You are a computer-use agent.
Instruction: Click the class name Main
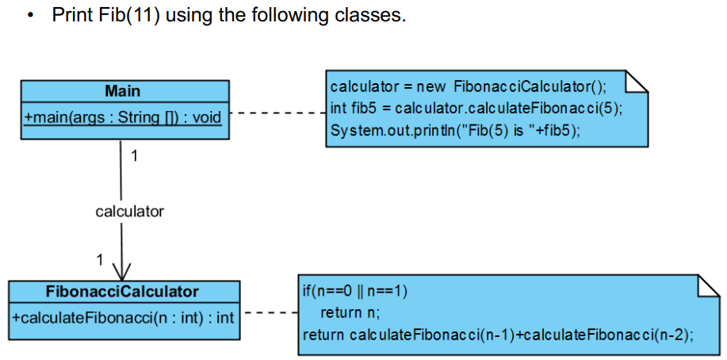[122, 90]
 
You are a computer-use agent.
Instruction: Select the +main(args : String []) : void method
[123, 117]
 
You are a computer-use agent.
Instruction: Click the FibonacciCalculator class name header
[122, 291]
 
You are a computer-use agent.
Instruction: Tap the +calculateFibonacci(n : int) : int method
[123, 318]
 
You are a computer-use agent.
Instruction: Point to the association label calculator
[129, 212]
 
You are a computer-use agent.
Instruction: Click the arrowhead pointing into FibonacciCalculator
[121, 271]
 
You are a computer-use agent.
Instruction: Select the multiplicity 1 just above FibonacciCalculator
[99, 259]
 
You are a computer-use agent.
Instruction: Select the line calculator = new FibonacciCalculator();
[468, 86]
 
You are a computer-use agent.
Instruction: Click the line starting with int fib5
[476, 109]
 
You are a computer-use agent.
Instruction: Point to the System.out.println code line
[454, 131]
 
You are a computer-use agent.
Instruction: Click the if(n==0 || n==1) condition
[355, 290]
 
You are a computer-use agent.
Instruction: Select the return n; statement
[350, 312]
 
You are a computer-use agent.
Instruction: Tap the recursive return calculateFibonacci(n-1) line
[497, 335]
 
